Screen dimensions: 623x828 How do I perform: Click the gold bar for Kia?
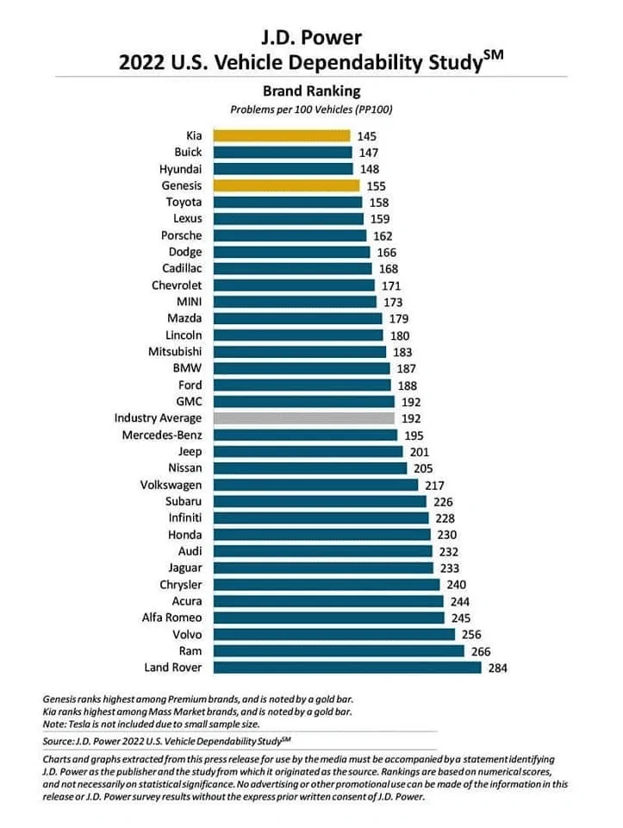(x=282, y=135)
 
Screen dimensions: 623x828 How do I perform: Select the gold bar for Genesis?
(x=286, y=185)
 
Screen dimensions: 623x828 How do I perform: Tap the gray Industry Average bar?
(x=304, y=418)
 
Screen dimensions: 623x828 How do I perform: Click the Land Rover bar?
(x=347, y=668)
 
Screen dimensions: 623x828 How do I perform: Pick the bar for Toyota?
(x=288, y=202)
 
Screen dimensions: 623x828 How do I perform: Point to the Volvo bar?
(x=334, y=634)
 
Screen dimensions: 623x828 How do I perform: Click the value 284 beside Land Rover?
(x=497, y=668)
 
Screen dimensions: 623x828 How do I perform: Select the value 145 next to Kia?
(x=366, y=136)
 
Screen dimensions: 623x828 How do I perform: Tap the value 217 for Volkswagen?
(x=434, y=486)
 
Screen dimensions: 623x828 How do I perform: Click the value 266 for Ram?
(x=481, y=652)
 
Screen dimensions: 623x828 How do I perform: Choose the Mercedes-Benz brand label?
(x=162, y=435)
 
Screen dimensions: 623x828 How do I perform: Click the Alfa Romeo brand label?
(x=172, y=618)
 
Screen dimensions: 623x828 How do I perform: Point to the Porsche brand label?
(x=182, y=235)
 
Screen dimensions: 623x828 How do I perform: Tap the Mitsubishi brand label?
(x=175, y=352)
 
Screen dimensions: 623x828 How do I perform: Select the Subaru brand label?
(x=184, y=501)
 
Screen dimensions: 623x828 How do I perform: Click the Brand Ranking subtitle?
(x=312, y=91)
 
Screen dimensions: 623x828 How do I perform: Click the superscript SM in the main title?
(x=493, y=55)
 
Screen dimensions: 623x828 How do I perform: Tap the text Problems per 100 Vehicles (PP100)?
(x=311, y=110)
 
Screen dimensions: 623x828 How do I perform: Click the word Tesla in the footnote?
(x=79, y=724)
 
